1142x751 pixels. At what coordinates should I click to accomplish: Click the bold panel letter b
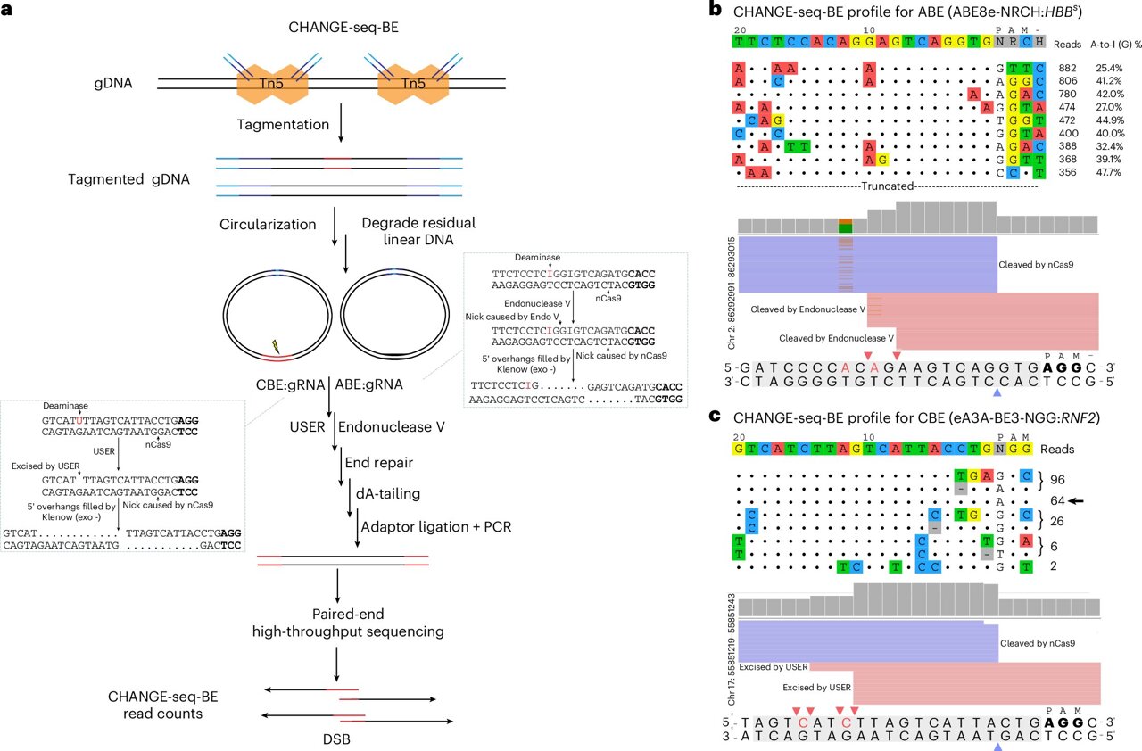[714, 11]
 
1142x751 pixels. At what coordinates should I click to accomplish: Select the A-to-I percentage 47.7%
[1109, 173]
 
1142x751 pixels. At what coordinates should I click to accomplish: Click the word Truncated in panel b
[888, 186]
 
